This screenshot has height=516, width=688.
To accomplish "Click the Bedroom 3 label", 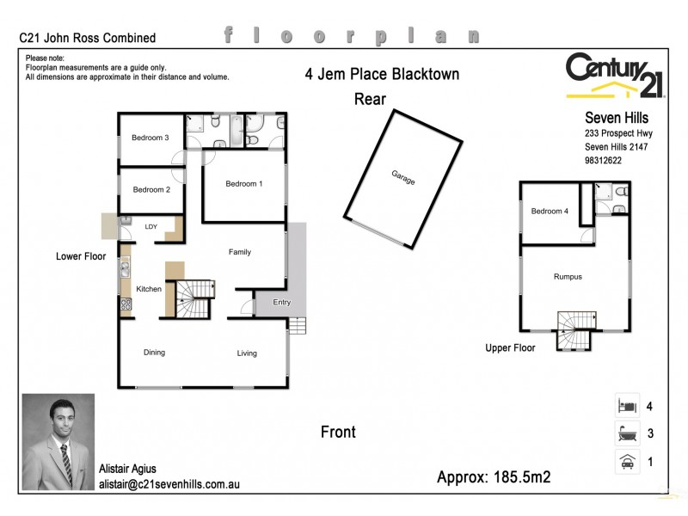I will coord(150,138).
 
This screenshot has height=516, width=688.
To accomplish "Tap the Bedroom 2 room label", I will coord(150,189).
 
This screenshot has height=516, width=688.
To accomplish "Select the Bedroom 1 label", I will coord(243,183).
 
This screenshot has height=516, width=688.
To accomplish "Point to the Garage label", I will coord(403,178).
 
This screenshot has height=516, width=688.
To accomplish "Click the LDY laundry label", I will coord(151,227).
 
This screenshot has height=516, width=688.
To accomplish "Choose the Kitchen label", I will coord(149,289).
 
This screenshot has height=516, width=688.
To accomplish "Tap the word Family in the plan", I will coord(239,252).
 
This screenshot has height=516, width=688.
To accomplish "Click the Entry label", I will coord(281,302).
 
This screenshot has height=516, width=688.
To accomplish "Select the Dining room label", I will coord(154,352).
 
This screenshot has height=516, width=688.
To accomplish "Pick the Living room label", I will coord(247,353).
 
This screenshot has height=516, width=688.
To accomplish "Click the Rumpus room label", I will coord(568,277).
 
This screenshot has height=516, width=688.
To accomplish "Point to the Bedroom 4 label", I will coord(550,212).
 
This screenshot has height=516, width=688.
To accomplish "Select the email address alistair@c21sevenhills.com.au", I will coord(169,484).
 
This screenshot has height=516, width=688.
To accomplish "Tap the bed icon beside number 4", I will coord(626,405).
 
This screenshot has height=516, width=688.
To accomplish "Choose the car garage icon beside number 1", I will coord(626,462).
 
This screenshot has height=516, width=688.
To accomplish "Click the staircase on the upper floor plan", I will coord(574,330).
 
